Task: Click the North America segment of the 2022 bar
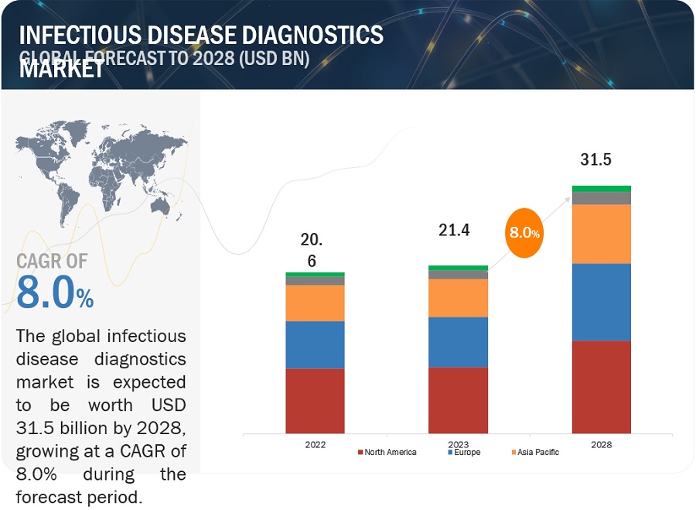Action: pos(315,400)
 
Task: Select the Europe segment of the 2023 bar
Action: pos(458,341)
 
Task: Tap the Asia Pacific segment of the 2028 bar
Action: pos(601,234)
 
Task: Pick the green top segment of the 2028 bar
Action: pos(601,188)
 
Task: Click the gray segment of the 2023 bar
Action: pos(458,274)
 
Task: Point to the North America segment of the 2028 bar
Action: pos(601,386)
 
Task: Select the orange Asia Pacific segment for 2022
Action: pos(315,303)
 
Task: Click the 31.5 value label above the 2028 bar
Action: pos(595,159)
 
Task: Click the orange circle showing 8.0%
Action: pos(524,232)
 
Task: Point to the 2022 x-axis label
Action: pos(315,444)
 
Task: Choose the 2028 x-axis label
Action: pos(601,444)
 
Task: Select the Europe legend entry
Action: pos(465,452)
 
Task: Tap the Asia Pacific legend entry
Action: pos(534,452)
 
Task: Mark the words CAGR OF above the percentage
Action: pos(52,262)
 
